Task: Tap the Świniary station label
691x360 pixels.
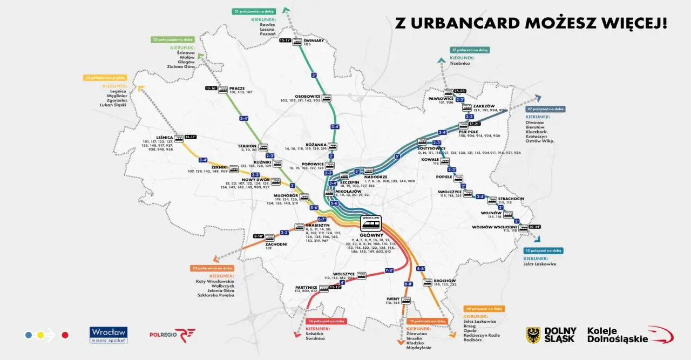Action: tap(314, 40)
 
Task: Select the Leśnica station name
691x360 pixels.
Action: tap(164, 137)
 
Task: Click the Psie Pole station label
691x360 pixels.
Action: tap(468, 131)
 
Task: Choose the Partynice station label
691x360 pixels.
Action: tap(306, 287)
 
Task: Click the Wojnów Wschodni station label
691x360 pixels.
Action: tap(494, 227)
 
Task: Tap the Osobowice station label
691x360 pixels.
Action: tap(309, 97)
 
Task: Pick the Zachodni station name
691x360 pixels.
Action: tap(276, 244)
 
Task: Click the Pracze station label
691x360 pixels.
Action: tap(237, 88)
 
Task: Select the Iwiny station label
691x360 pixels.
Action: tap(392, 298)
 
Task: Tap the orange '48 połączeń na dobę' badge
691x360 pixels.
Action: tap(484, 309)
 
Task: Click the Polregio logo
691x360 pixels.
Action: tap(172, 335)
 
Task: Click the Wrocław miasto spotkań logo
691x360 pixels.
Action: tap(109, 335)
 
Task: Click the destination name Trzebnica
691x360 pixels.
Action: tap(460, 63)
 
